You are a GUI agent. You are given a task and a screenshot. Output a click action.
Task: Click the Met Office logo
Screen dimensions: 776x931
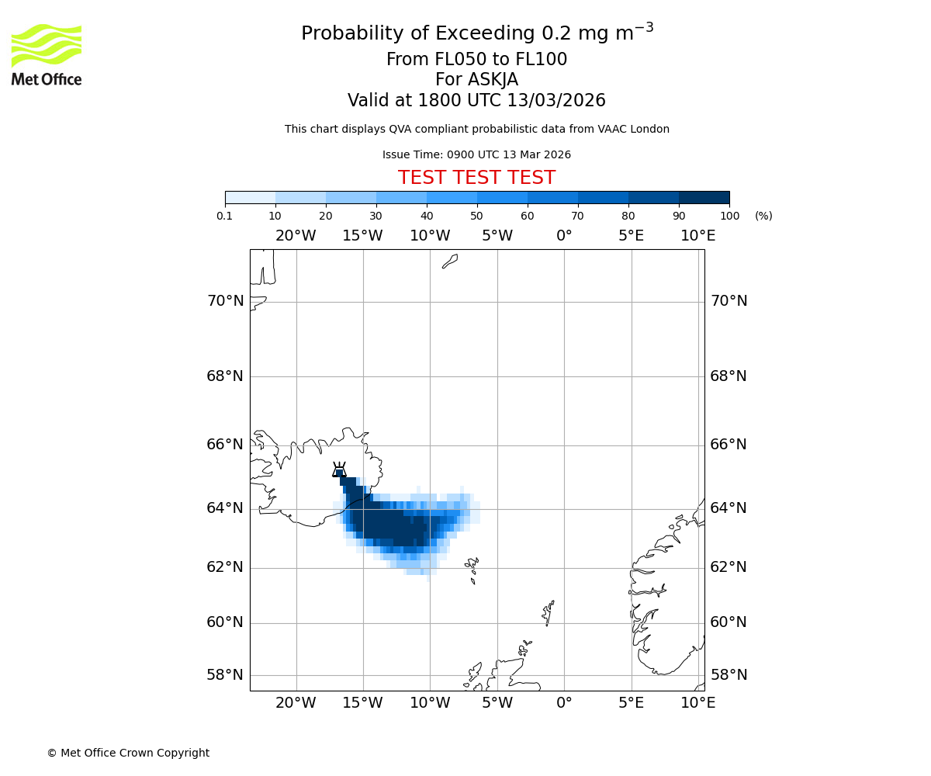47,54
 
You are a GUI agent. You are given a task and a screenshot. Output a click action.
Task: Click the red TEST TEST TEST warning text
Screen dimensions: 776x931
476,178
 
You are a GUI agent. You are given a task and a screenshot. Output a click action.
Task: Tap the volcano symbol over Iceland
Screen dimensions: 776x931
339,469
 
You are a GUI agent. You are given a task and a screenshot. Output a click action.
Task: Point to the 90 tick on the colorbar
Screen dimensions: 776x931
679,216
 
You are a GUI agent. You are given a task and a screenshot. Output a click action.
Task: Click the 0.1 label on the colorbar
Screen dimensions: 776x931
225,216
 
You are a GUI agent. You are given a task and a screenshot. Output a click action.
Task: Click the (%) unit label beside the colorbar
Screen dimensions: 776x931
763,216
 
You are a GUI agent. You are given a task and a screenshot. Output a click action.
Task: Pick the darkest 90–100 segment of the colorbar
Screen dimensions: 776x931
704,197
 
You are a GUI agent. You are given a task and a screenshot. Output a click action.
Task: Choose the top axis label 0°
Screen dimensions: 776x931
564,236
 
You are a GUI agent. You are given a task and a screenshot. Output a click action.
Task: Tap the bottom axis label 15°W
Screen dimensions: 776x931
362,703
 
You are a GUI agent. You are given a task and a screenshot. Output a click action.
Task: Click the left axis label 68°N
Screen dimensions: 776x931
225,376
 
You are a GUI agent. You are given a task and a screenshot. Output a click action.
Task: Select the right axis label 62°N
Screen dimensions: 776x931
729,567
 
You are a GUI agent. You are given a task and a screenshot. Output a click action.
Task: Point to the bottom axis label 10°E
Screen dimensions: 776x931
697,703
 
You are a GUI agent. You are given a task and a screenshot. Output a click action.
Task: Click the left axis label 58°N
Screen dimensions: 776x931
225,675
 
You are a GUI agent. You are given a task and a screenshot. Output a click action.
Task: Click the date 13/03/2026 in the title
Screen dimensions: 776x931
556,101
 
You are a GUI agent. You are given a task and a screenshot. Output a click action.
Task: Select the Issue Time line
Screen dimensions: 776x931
476,155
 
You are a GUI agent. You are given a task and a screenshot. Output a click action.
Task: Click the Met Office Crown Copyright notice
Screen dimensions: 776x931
128,753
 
